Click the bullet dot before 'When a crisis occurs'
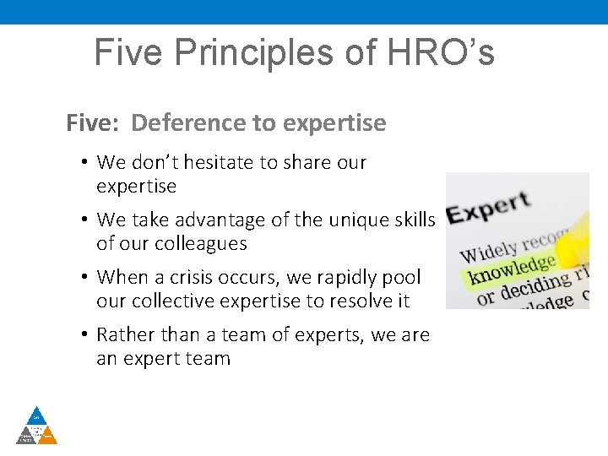[x=86, y=278]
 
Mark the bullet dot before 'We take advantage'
[x=86, y=220]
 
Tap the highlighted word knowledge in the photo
[x=512, y=268]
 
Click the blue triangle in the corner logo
[x=36, y=416]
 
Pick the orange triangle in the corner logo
[x=48, y=436]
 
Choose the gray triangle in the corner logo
[x=25, y=436]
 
